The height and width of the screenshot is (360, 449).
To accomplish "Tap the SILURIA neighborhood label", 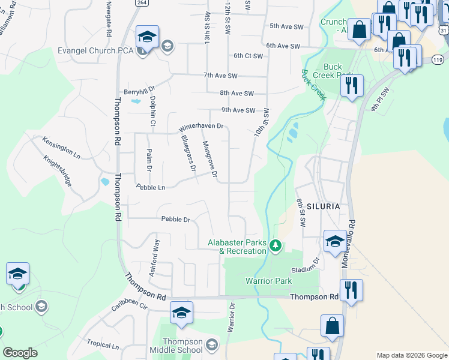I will pyautogui.click(x=324, y=206).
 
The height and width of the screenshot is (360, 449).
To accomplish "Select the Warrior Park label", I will pyautogui.click(x=268, y=281).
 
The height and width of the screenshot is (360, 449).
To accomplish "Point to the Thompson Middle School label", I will pyautogui.click(x=173, y=346).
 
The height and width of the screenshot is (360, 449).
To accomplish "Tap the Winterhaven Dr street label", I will pyautogui.click(x=201, y=127).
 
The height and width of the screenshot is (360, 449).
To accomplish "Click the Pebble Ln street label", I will pyautogui.click(x=151, y=187).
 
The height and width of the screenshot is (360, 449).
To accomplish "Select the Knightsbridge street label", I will pyautogui.click(x=58, y=172).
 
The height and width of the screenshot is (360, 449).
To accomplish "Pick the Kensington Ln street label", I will pyautogui.click(x=61, y=146).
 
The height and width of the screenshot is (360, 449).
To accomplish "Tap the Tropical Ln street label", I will pyautogui.click(x=102, y=345).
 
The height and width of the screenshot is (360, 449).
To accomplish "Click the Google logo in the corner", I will pyautogui.click(x=20, y=353).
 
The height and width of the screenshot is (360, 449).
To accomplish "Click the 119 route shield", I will pyautogui.click(x=438, y=60).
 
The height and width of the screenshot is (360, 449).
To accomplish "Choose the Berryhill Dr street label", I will pyautogui.click(x=139, y=92).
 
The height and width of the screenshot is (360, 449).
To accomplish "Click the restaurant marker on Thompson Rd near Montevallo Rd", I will pyautogui.click(x=351, y=290).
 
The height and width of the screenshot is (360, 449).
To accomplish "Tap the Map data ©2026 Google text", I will pyautogui.click(x=412, y=355).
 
